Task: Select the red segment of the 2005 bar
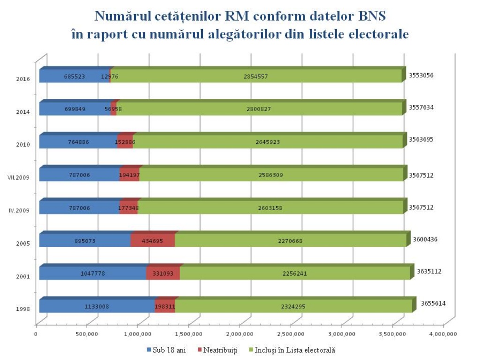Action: coord(152,240)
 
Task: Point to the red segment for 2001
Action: coord(163,273)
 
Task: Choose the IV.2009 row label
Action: coord(20,210)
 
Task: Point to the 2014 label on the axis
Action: coord(23,112)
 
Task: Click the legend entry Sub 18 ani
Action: coord(166,350)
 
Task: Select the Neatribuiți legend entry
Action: coord(217,350)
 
